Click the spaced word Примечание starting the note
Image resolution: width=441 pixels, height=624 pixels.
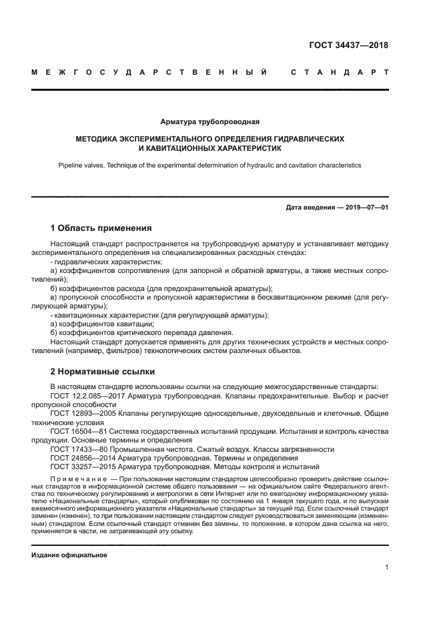75,480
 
